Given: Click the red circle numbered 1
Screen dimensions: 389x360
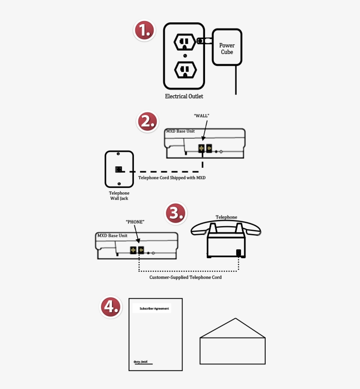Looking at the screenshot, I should click(144, 31).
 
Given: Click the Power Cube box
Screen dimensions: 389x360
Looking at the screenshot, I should click(227, 48).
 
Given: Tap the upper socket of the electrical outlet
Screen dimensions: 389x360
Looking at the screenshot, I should click(185, 43).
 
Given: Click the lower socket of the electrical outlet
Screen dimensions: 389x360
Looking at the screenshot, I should click(185, 69).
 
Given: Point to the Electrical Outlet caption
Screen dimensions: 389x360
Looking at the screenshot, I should click(184, 96).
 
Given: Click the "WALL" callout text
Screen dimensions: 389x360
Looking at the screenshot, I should click(202, 115).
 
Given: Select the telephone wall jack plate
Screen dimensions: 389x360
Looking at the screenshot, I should click(119, 169).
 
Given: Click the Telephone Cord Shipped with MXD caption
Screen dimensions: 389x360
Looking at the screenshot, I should click(172, 178).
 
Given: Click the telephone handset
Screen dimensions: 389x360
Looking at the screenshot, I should click(226, 228).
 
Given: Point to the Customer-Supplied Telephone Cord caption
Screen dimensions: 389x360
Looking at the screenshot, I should click(185, 277).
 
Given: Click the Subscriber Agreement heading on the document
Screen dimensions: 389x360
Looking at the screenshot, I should click(154, 309).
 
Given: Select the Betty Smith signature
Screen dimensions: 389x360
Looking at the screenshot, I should click(140, 362).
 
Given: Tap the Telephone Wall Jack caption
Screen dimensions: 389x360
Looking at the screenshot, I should click(119, 196).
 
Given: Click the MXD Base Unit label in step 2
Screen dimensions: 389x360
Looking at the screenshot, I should click(180, 131).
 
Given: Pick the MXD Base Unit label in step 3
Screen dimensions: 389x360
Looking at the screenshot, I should click(112, 236).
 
